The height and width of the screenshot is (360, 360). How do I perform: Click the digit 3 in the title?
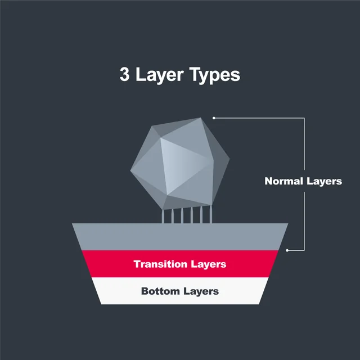click(x=124, y=75)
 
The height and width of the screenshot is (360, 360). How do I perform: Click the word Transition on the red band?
click(x=161, y=264)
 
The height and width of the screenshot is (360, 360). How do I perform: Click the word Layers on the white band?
click(x=201, y=291)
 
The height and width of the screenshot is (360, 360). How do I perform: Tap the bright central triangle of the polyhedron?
click(x=178, y=163)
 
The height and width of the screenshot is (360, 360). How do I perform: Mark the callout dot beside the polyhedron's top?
click(x=214, y=118)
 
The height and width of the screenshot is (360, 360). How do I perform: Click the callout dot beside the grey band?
click(x=287, y=250)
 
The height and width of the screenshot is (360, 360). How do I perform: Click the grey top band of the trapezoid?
click(x=180, y=236)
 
